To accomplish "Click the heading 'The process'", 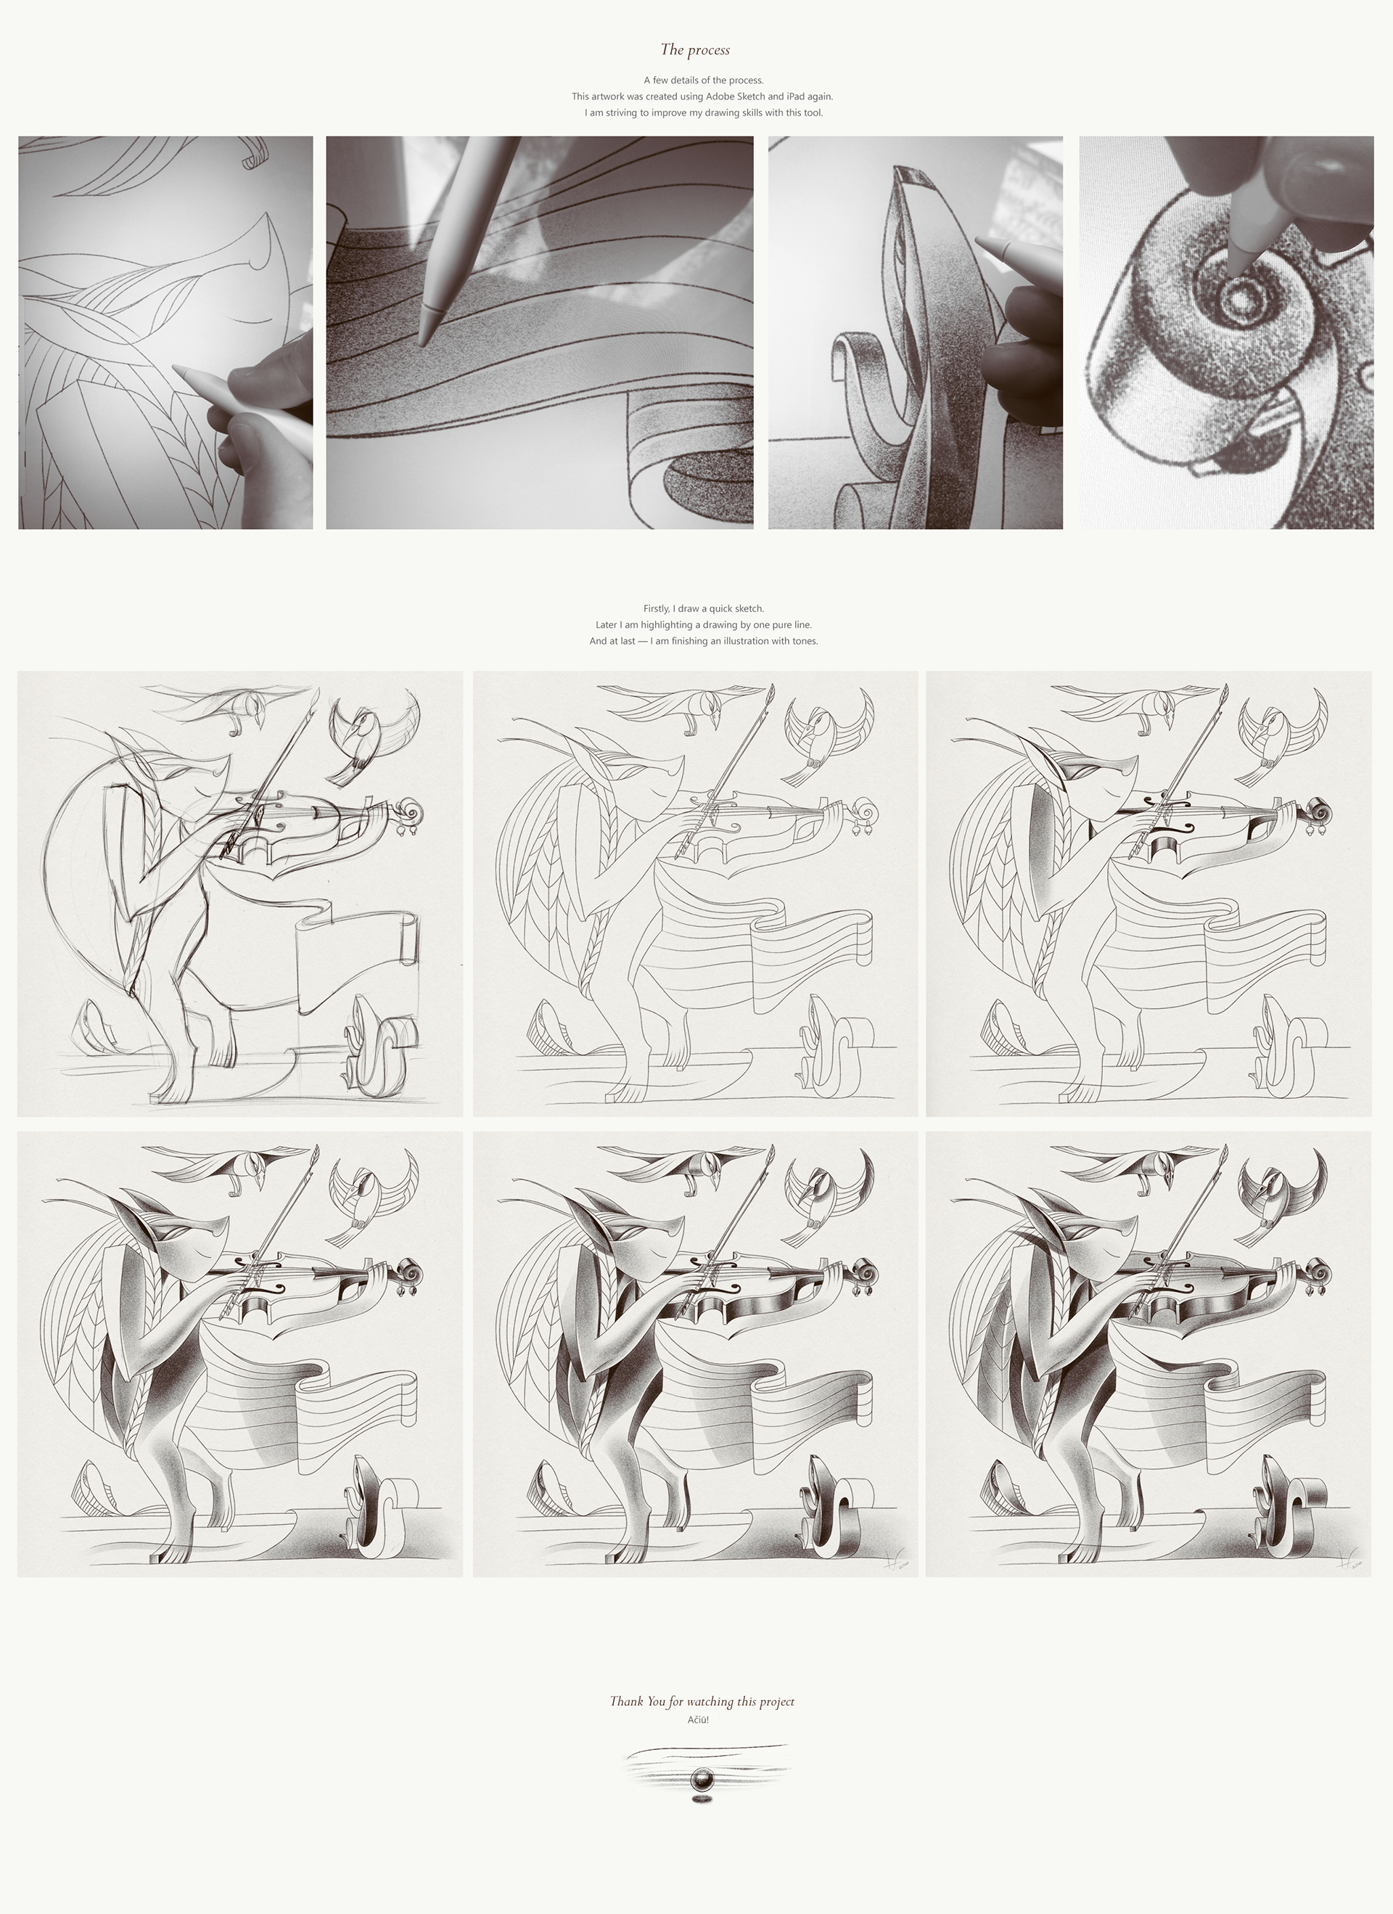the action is pos(695,50).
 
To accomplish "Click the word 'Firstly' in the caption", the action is pos(657,608).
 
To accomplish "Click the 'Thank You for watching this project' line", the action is pos(702,1701).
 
